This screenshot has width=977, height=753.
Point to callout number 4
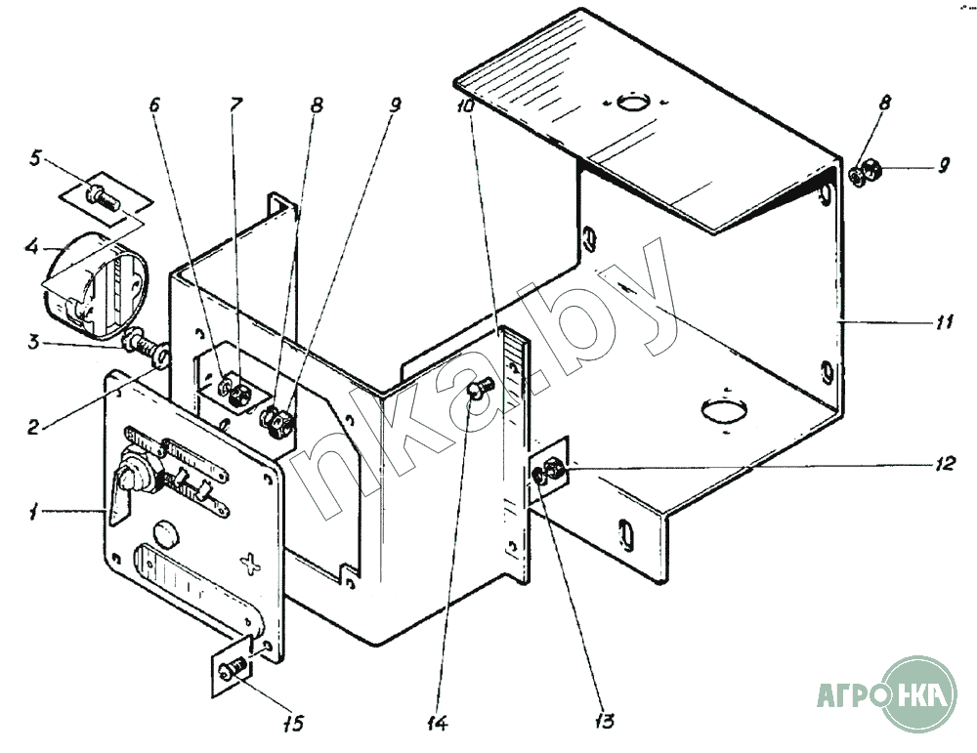click(33, 248)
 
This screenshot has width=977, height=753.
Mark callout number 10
click(465, 104)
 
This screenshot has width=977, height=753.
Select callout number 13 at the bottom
click(603, 721)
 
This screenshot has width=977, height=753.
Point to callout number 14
click(437, 723)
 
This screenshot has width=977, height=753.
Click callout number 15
click(292, 723)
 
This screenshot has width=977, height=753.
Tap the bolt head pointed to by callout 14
click(480, 391)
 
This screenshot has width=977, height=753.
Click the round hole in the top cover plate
click(634, 101)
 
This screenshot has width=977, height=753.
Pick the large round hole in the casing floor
click(724, 410)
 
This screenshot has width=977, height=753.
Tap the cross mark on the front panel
click(253, 564)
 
